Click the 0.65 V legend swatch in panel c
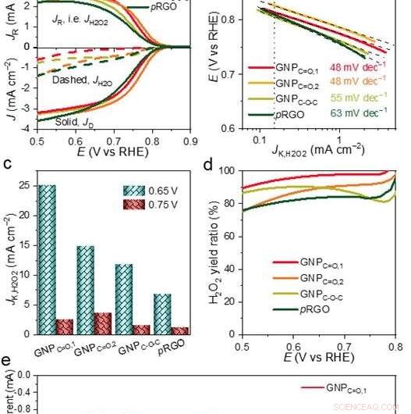pyautogui.click(x=133, y=190)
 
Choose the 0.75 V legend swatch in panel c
pyautogui.click(x=133, y=204)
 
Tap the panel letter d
pyautogui.click(x=208, y=165)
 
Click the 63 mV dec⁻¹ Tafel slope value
pyautogui.click(x=358, y=112)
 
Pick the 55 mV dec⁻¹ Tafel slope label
pyautogui.click(x=358, y=98)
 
